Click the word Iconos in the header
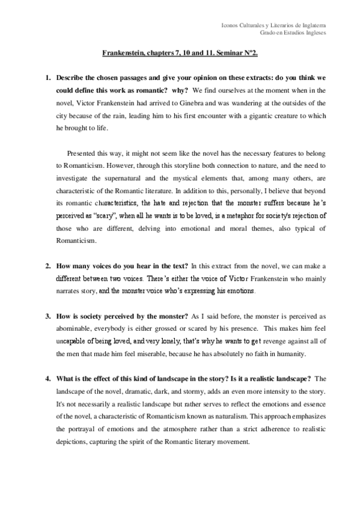(231, 25)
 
